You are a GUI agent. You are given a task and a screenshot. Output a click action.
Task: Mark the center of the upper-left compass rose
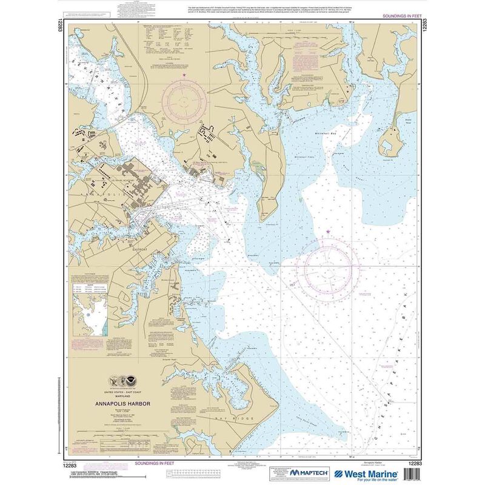tap(185, 98)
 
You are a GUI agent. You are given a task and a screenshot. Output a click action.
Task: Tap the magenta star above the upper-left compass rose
tap(185, 75)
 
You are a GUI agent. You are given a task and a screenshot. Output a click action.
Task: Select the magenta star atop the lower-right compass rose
tap(329, 232)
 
